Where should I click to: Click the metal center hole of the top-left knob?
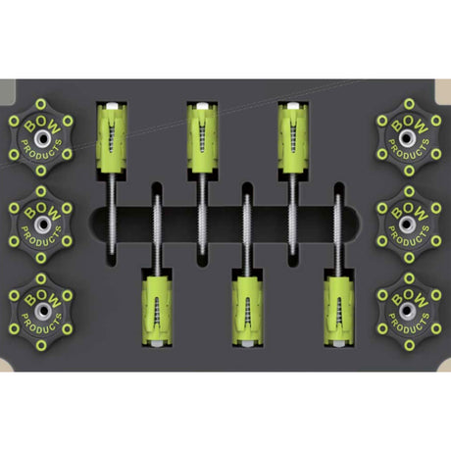pyautogui.click(x=42, y=138)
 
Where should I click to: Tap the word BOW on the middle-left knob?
pyautogui.click(x=42, y=211)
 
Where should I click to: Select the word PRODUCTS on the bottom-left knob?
pyautogui.click(x=41, y=325)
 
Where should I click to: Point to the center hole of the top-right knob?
pyautogui.click(x=406, y=138)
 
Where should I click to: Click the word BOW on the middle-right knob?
pyautogui.click(x=410, y=210)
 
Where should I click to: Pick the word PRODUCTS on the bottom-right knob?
pyautogui.click(x=409, y=324)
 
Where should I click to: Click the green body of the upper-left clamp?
pyautogui.click(x=111, y=139)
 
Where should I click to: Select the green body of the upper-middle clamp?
pyautogui.click(x=202, y=139)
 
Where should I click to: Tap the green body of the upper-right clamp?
pyautogui.click(x=293, y=139)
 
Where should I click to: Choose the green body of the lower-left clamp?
pyautogui.click(x=157, y=310)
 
